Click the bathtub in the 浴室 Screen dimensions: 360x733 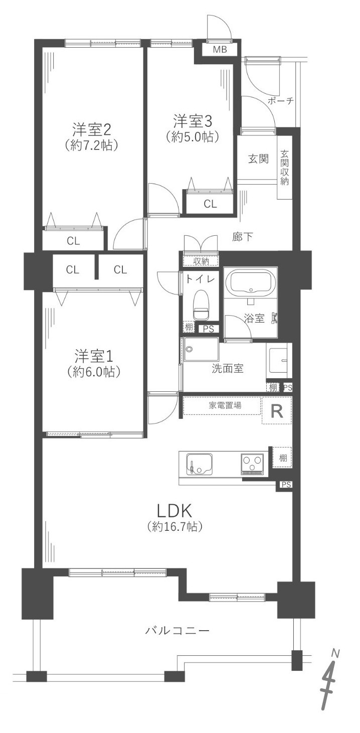[x=251, y=283]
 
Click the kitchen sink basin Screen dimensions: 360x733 [x=199, y=465]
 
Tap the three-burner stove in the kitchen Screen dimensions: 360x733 [x=252, y=464]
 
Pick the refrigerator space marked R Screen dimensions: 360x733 [x=277, y=411]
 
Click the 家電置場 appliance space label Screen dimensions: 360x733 [x=225, y=405]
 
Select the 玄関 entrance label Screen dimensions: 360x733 [x=258, y=159]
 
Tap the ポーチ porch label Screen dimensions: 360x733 [x=281, y=101]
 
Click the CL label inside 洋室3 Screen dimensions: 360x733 [x=210, y=204]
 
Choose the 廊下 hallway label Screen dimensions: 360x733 [x=243, y=237]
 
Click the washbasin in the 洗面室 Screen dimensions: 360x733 [x=279, y=361]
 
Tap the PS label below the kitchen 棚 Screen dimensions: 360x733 [x=286, y=485]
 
